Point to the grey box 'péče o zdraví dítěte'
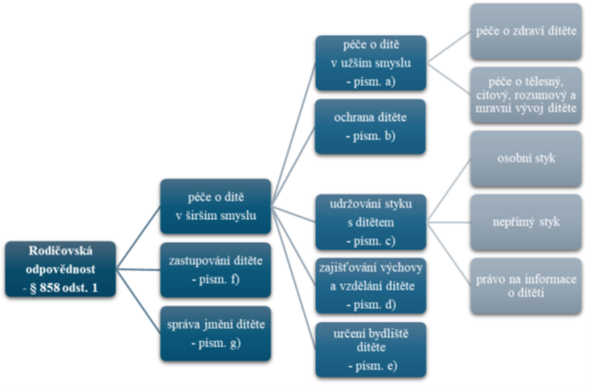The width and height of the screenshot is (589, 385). click(526, 31)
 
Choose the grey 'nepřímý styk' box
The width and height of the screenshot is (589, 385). click(526, 222)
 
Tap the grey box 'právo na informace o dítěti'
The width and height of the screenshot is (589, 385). click(526, 285)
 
